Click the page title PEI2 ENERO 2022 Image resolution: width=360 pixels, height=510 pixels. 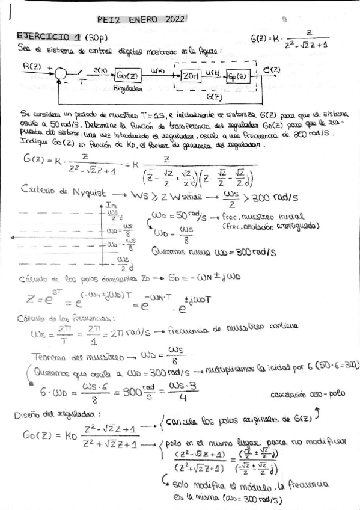(x=142, y=20)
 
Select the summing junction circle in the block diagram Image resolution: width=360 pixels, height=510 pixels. (x=61, y=75)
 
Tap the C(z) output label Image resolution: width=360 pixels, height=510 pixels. (x=271, y=69)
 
